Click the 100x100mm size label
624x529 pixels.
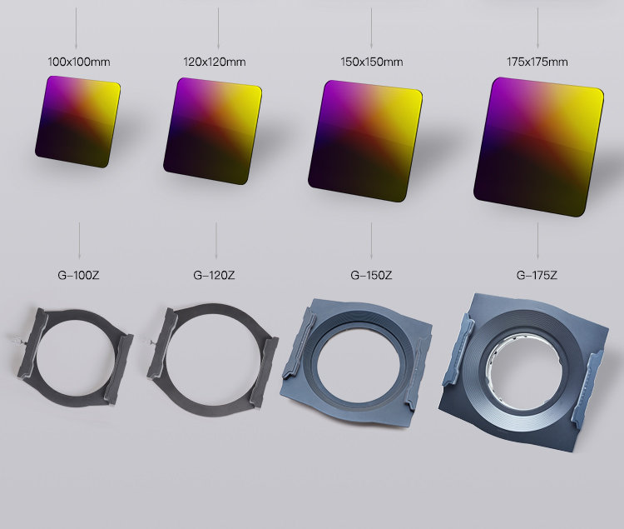(79, 62)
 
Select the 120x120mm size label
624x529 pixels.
(215, 62)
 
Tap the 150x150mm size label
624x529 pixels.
(372, 62)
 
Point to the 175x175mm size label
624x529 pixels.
(537, 62)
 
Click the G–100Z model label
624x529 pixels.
(78, 275)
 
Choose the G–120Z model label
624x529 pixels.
(214, 275)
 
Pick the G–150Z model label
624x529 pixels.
(371, 275)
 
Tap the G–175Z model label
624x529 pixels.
(537, 275)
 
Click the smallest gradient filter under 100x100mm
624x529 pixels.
(77, 122)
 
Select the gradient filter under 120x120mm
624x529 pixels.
(212, 131)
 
